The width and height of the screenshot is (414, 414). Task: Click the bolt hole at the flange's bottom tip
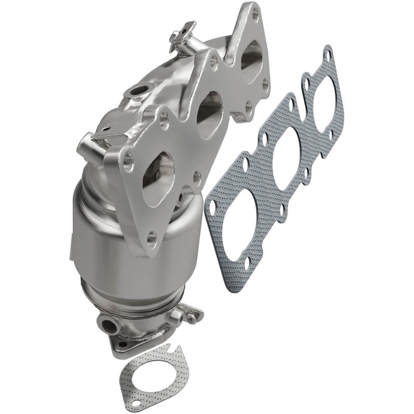(x=152, y=238)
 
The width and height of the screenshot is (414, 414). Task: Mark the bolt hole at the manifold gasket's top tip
(x=326, y=55)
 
